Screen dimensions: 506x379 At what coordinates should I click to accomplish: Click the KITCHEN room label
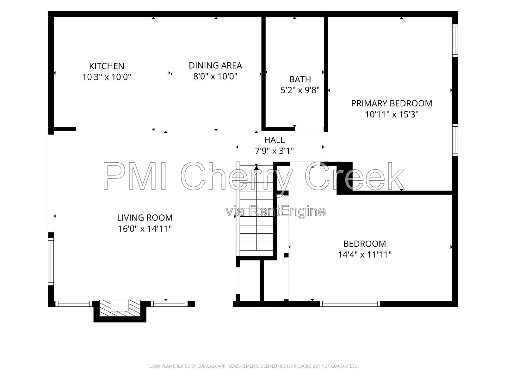pos(107,66)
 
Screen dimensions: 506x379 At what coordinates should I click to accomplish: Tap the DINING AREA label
pos(215,66)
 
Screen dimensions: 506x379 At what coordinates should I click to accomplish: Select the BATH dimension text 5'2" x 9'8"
pos(300,90)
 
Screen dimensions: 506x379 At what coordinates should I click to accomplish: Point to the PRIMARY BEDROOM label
pos(392,103)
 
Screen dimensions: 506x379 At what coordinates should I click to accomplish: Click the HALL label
pos(274,140)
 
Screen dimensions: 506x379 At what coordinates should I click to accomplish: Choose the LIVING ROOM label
pos(145,218)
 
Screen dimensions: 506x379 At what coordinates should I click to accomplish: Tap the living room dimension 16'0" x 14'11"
pos(145,229)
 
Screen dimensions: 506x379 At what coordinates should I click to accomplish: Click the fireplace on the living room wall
pos(120,310)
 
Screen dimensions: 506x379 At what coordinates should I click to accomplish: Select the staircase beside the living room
pos(255,209)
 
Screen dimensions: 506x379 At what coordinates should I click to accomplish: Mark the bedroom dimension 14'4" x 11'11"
pos(365,255)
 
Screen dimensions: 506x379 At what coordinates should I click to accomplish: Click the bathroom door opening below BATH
pos(309,129)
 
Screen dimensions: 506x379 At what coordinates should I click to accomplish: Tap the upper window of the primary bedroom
pos(455,40)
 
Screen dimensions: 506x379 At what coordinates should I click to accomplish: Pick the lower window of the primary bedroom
pos(455,140)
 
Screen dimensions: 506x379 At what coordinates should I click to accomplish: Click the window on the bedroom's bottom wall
pos(350,304)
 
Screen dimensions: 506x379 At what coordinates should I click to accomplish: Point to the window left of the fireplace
pos(74,304)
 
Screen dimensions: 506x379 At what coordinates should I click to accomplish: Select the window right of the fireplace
pos(170,304)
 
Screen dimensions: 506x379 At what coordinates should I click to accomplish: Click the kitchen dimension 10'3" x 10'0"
pos(107,77)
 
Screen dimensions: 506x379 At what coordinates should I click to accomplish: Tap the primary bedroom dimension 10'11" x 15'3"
pos(392,115)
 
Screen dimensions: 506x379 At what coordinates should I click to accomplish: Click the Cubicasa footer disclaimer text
pos(253,366)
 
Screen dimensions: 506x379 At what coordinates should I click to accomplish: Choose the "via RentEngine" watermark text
pos(276,211)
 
